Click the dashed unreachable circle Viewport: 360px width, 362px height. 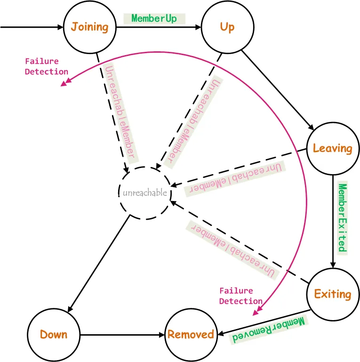pyautogui.click(x=119, y=193)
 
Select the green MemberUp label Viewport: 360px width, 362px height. pyautogui.click(x=154, y=18)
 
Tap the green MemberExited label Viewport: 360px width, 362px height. pyautogui.click(x=343, y=217)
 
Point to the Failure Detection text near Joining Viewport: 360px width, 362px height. pyautogui.click(x=47, y=66)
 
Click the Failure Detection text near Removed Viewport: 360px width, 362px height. pyautogui.click(x=240, y=296)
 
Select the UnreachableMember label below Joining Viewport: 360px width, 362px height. pyautogui.click(x=120, y=113)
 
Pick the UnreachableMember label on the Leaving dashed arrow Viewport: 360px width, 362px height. pyautogui.click(x=235, y=178)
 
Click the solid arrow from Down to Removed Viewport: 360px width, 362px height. pyautogui.click(x=122, y=335)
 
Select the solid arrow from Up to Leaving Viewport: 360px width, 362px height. pyautogui.click(x=278, y=90)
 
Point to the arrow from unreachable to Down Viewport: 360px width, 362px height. pyautogui.click(x=99, y=264)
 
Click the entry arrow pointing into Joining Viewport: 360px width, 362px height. pyautogui.click(x=32, y=27)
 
